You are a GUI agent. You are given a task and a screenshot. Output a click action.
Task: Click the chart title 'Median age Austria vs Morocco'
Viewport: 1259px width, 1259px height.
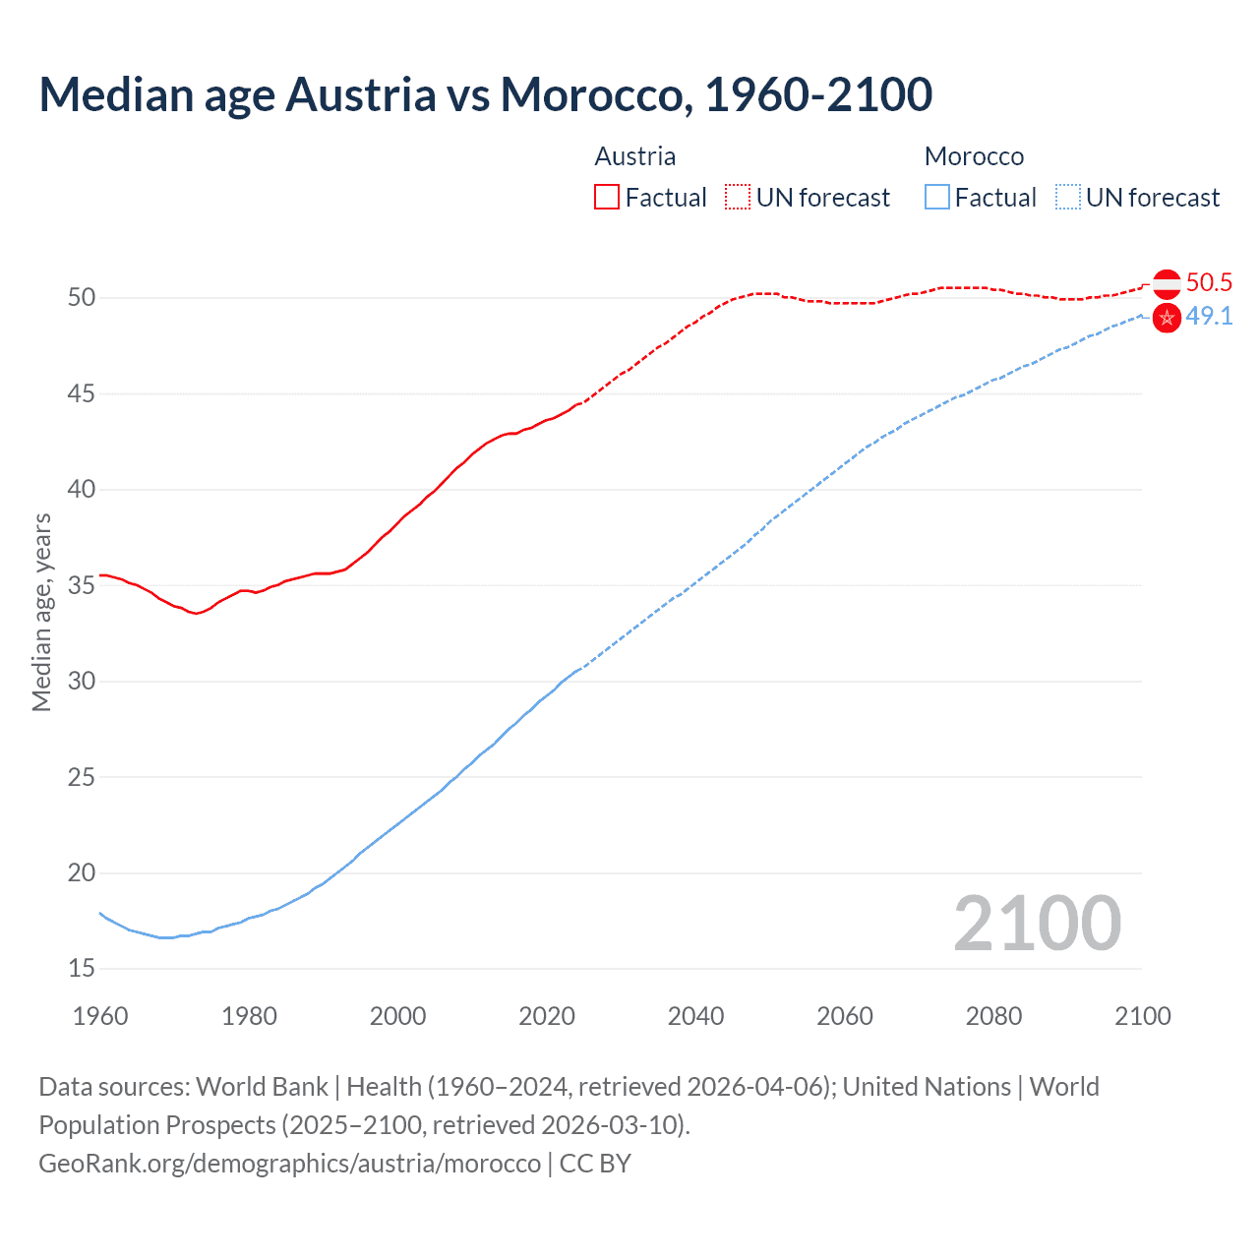click(x=485, y=94)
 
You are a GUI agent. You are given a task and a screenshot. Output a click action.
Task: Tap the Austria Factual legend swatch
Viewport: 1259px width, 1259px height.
click(x=606, y=197)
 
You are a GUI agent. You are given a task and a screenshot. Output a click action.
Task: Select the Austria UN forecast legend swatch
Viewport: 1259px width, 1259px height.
click(x=737, y=197)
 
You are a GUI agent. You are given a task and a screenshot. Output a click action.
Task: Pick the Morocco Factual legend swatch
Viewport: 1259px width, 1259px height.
click(x=936, y=197)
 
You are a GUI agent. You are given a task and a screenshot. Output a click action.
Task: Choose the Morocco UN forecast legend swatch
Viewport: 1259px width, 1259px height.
click(x=1067, y=197)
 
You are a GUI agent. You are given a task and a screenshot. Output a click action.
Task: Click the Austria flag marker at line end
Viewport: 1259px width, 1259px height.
click(x=1167, y=283)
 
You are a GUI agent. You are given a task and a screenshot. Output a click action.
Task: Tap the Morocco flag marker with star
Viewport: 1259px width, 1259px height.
click(x=1167, y=318)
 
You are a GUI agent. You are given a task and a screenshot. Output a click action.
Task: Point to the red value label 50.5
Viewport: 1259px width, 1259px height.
click(x=1209, y=283)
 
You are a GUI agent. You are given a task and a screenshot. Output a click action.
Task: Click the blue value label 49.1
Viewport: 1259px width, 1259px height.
click(x=1209, y=317)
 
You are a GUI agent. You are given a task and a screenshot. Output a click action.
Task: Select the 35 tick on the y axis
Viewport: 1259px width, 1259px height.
click(x=82, y=585)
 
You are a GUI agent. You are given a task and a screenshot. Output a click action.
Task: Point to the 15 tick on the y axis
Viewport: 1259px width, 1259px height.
click(x=82, y=969)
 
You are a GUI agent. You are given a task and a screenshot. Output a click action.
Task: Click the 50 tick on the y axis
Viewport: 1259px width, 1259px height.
click(x=82, y=297)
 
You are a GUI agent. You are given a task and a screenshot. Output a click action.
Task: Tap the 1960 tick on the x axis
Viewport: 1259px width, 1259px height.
click(x=100, y=1016)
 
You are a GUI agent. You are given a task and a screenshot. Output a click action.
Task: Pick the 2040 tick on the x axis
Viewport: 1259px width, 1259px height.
click(x=695, y=1016)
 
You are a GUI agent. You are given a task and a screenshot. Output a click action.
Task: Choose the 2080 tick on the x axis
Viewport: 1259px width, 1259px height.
click(x=993, y=1016)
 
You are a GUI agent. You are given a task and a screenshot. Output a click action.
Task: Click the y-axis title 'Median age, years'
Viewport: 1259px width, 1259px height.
click(x=41, y=612)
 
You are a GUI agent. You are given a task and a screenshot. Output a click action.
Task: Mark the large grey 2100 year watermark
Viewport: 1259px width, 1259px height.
click(x=1037, y=924)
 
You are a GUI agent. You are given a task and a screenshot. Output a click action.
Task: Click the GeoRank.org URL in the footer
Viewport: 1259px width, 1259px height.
click(x=289, y=1163)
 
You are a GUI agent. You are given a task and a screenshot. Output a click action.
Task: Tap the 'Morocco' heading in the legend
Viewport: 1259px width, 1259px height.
click(x=974, y=156)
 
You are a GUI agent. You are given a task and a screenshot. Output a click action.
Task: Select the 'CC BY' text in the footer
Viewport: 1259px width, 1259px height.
click(x=595, y=1163)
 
